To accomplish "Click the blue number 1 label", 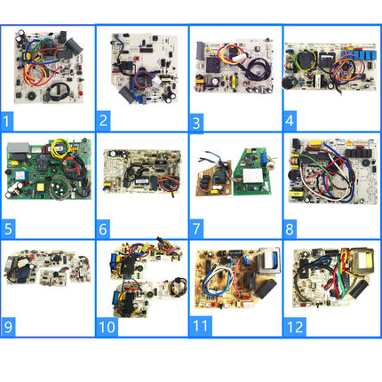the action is pyautogui.click(x=6, y=121).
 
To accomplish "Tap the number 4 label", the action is pyautogui.click(x=290, y=121).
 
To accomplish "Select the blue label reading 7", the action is pyautogui.click(x=195, y=228).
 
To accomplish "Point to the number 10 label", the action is pyautogui.click(x=107, y=327).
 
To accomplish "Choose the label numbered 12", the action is pyautogui.click(x=295, y=327).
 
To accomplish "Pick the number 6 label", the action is pyautogui.click(x=103, y=229).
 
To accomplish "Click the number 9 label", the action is pyautogui.click(x=8, y=327).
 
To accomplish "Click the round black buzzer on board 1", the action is pyautogui.click(x=30, y=97).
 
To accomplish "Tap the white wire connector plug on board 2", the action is pyautogui.click(x=156, y=81).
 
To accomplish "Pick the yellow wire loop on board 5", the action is pyautogui.click(x=60, y=147).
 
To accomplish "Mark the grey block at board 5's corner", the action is pyautogui.click(x=19, y=147).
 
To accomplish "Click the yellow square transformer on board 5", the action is pyautogui.click(x=40, y=187).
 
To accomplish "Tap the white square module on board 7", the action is pyautogui.click(x=251, y=176).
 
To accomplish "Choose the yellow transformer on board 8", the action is pyautogui.click(x=295, y=195).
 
